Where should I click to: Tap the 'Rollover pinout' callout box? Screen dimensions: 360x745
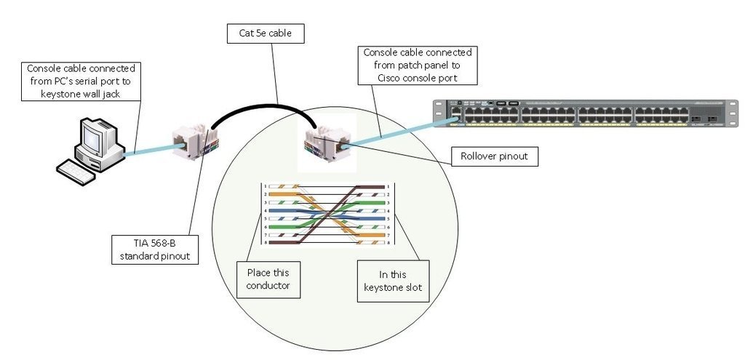(495, 156)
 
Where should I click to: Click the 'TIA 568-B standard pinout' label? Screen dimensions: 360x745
(155, 249)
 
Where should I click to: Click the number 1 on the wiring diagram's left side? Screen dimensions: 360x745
(266, 186)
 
